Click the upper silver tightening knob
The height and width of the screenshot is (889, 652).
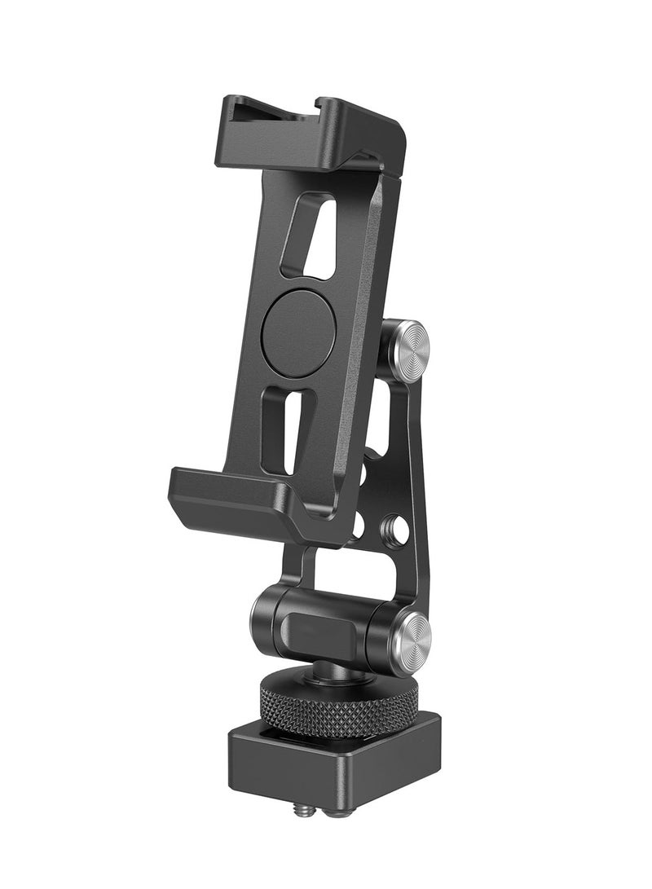click(x=408, y=351)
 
